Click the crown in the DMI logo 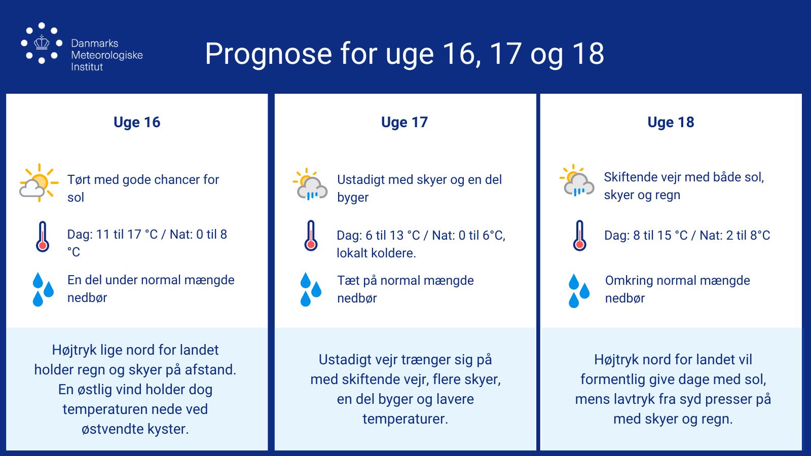[42, 43]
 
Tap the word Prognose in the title [268, 54]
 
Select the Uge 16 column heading [137, 122]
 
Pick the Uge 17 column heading [404, 122]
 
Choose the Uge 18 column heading [671, 122]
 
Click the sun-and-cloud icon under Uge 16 [39, 183]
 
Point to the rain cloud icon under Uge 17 [310, 184]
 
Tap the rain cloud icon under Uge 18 [577, 180]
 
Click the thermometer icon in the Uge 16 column [43, 236]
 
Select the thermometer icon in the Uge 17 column [311, 236]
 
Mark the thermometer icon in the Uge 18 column [580, 236]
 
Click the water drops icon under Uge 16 [43, 289]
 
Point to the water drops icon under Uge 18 [579, 291]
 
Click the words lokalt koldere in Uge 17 [376, 253]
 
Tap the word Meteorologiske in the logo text [107, 55]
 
